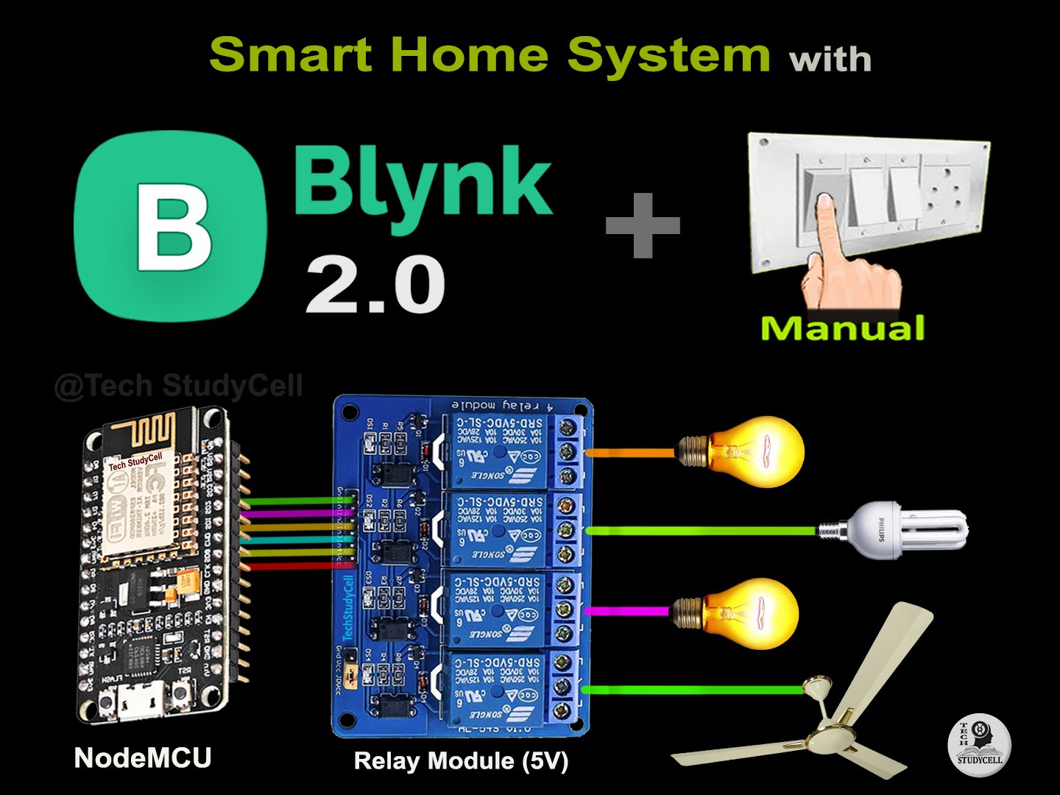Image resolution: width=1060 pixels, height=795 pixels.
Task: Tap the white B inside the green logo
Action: pos(174,227)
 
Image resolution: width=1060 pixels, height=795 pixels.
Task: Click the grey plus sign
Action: pos(643,225)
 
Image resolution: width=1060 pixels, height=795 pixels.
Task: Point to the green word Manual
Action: pos(842,328)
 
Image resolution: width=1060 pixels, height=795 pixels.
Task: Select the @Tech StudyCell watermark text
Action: pos(178,386)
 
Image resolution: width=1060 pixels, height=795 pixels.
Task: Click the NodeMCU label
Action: pos(143,757)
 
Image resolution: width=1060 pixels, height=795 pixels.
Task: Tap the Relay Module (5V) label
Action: pos(461,760)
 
